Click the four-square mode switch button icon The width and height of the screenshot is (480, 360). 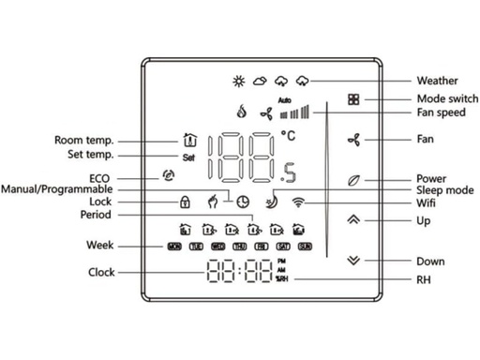[352, 99]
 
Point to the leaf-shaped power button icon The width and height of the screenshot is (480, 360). [352, 178]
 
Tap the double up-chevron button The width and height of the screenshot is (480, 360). [352, 220]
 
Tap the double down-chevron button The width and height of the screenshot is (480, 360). [352, 262]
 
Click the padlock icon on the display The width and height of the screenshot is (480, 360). [186, 202]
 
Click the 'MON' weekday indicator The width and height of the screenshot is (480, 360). [173, 247]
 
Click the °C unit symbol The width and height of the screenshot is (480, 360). [291, 138]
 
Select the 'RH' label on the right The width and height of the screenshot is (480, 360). [424, 278]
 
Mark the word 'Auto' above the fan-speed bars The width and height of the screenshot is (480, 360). [286, 99]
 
